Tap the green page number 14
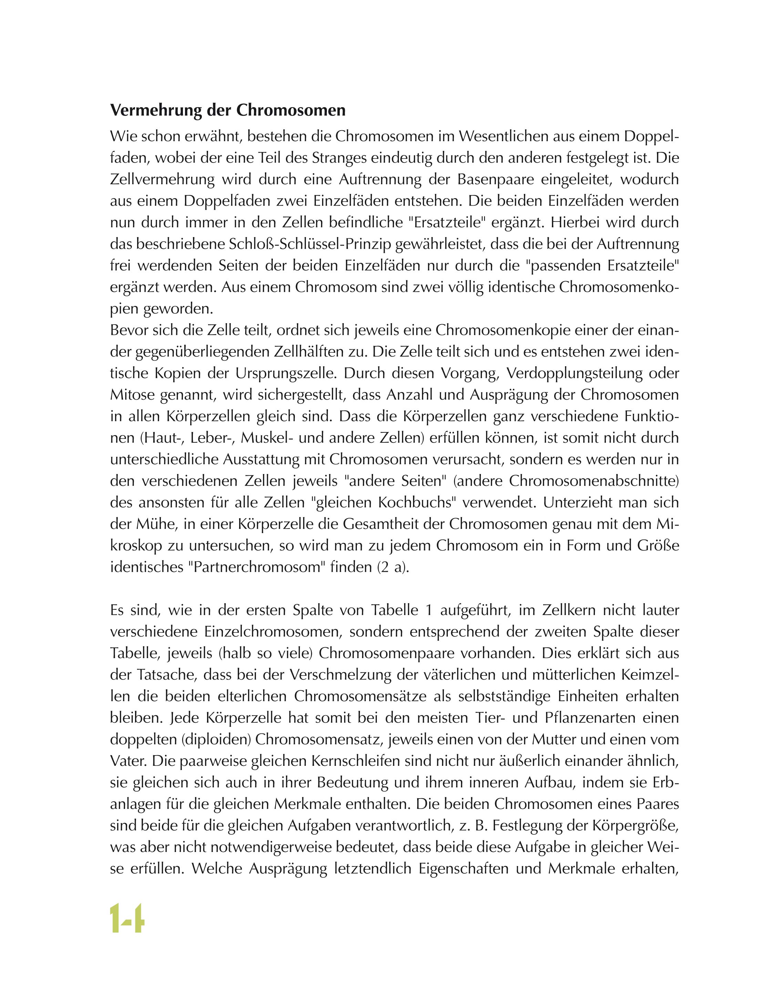127,918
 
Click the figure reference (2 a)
394,567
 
